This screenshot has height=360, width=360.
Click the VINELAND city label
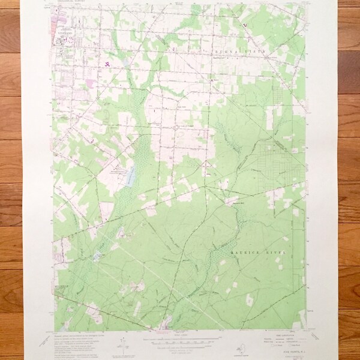pos(66,35)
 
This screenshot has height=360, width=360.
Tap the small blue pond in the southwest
pos(96,257)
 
